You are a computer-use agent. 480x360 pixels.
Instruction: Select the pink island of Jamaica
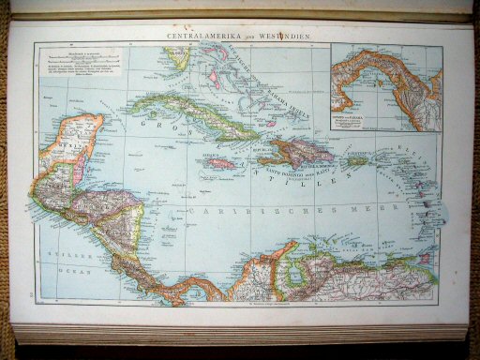pos(219,162)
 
